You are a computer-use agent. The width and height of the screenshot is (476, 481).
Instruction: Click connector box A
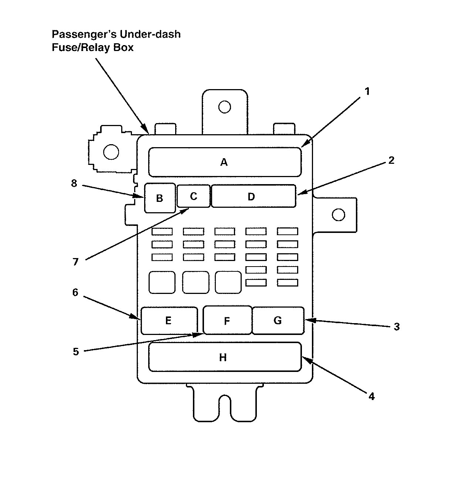[x=225, y=162]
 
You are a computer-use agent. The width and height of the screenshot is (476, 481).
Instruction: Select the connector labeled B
[x=160, y=198]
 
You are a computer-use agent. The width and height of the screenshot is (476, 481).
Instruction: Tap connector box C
[x=193, y=196]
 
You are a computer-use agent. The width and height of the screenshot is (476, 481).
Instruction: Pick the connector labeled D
[x=254, y=196]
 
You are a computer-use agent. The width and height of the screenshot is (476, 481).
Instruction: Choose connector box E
[x=169, y=320]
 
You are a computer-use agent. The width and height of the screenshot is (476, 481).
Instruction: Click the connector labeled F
[x=227, y=321]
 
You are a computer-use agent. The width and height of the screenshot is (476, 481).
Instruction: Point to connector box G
[x=278, y=320]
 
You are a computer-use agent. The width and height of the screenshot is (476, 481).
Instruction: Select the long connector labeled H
[x=225, y=357]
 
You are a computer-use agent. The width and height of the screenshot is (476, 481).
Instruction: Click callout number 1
[x=367, y=91]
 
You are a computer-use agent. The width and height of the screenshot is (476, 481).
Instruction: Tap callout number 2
[x=391, y=160]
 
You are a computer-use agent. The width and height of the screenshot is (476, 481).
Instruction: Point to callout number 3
[x=397, y=327]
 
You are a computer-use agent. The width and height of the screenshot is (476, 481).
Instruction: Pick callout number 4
[x=371, y=396]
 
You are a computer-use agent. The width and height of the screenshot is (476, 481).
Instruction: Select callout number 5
[x=76, y=352]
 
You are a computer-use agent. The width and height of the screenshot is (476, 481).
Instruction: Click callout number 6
[x=75, y=292]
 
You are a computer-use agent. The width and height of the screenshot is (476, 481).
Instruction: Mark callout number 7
[x=75, y=262]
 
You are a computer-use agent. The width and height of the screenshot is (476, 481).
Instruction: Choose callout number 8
[x=74, y=183]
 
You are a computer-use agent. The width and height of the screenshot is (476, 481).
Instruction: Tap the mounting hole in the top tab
[x=224, y=107]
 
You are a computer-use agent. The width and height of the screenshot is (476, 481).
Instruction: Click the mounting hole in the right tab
[x=339, y=215]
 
